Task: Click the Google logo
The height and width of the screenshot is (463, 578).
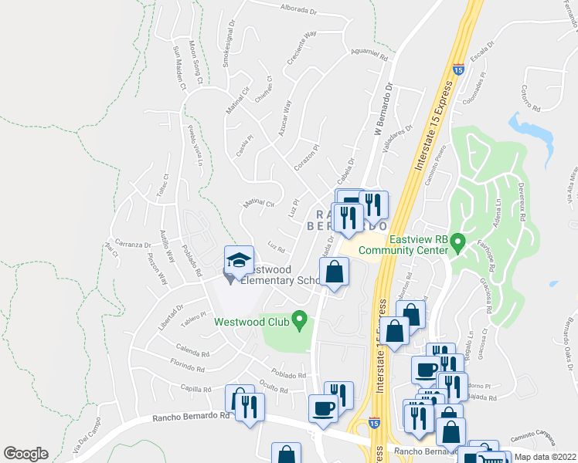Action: point(25,454)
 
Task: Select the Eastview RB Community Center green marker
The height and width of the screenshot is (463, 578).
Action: point(457,245)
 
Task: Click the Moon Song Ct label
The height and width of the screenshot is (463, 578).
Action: point(195,63)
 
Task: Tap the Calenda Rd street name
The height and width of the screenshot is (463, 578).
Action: point(192,354)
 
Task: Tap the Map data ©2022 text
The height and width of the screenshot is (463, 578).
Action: point(545,457)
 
